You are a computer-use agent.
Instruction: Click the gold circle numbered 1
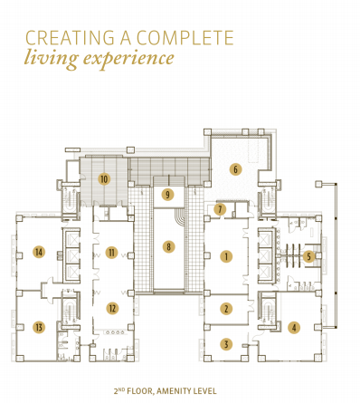226,256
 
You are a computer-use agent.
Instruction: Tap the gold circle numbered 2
226,309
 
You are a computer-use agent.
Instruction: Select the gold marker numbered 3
226,343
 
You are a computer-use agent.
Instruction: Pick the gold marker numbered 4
292,327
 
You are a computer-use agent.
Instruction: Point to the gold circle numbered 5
308,256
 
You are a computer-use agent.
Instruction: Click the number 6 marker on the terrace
235,168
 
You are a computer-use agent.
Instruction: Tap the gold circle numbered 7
220,210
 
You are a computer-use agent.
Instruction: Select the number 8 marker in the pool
167,245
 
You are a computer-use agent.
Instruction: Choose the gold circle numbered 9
167,194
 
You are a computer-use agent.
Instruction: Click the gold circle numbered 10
105,179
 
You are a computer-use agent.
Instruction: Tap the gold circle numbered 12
111,307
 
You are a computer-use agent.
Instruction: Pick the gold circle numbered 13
39,326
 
